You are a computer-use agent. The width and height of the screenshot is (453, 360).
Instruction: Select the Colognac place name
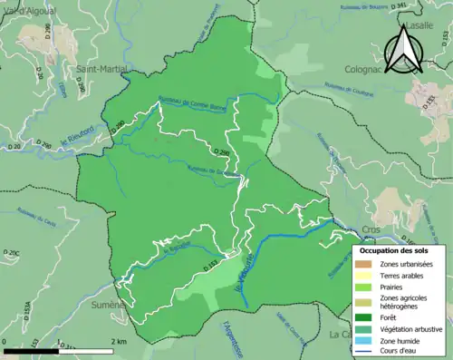[x=367, y=68]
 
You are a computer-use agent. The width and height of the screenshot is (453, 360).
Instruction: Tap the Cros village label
[x=369, y=232]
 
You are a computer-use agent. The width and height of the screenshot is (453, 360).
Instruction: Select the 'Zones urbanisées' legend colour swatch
[x=366, y=263]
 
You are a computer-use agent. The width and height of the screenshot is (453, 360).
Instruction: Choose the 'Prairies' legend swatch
[x=366, y=288]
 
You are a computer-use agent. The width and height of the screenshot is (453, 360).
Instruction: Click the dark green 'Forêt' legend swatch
[x=366, y=317]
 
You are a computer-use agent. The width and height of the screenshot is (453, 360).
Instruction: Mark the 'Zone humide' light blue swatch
[x=366, y=341]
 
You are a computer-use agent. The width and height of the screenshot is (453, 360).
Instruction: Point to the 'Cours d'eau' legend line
[x=366, y=353]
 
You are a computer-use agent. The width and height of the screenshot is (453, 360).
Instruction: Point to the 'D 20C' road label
[x=13, y=252]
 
